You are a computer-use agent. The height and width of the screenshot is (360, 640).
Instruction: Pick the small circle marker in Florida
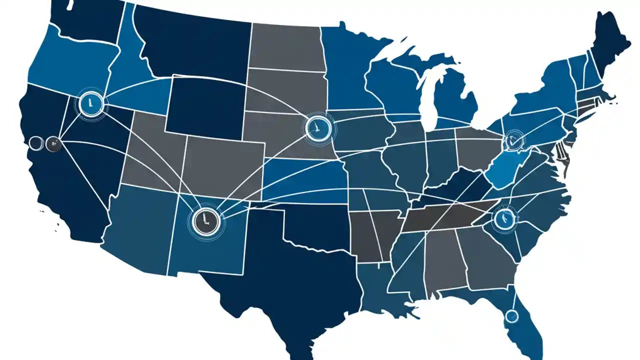point(511,315)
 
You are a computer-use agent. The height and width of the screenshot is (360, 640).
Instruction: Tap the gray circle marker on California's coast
point(53,144)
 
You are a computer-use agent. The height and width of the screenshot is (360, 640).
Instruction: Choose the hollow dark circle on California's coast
point(35,144)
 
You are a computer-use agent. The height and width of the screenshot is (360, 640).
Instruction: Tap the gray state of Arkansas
point(372,235)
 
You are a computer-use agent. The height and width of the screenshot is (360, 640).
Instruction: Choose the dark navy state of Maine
point(610,45)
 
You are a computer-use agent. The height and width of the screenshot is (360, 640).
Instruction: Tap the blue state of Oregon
point(70,65)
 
